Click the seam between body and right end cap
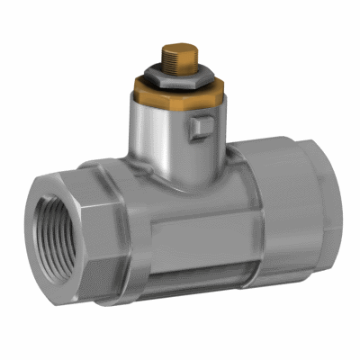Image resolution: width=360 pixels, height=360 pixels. (x=256, y=225)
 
